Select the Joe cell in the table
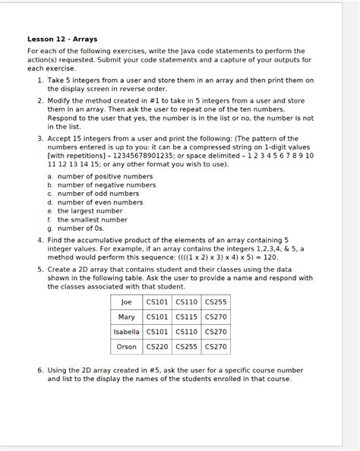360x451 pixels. tap(126, 302)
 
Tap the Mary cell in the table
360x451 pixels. tap(126, 317)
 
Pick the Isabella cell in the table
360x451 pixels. tap(126, 332)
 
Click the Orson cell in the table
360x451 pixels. tap(126, 346)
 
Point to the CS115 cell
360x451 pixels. tap(186, 317)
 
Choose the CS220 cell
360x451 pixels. tap(157, 346)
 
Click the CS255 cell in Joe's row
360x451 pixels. tap(216, 302)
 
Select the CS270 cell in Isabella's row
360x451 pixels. tap(216, 332)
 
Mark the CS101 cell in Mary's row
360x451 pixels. tap(157, 317)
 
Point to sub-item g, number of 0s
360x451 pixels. tap(81, 228)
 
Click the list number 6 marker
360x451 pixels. tap(40, 370)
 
